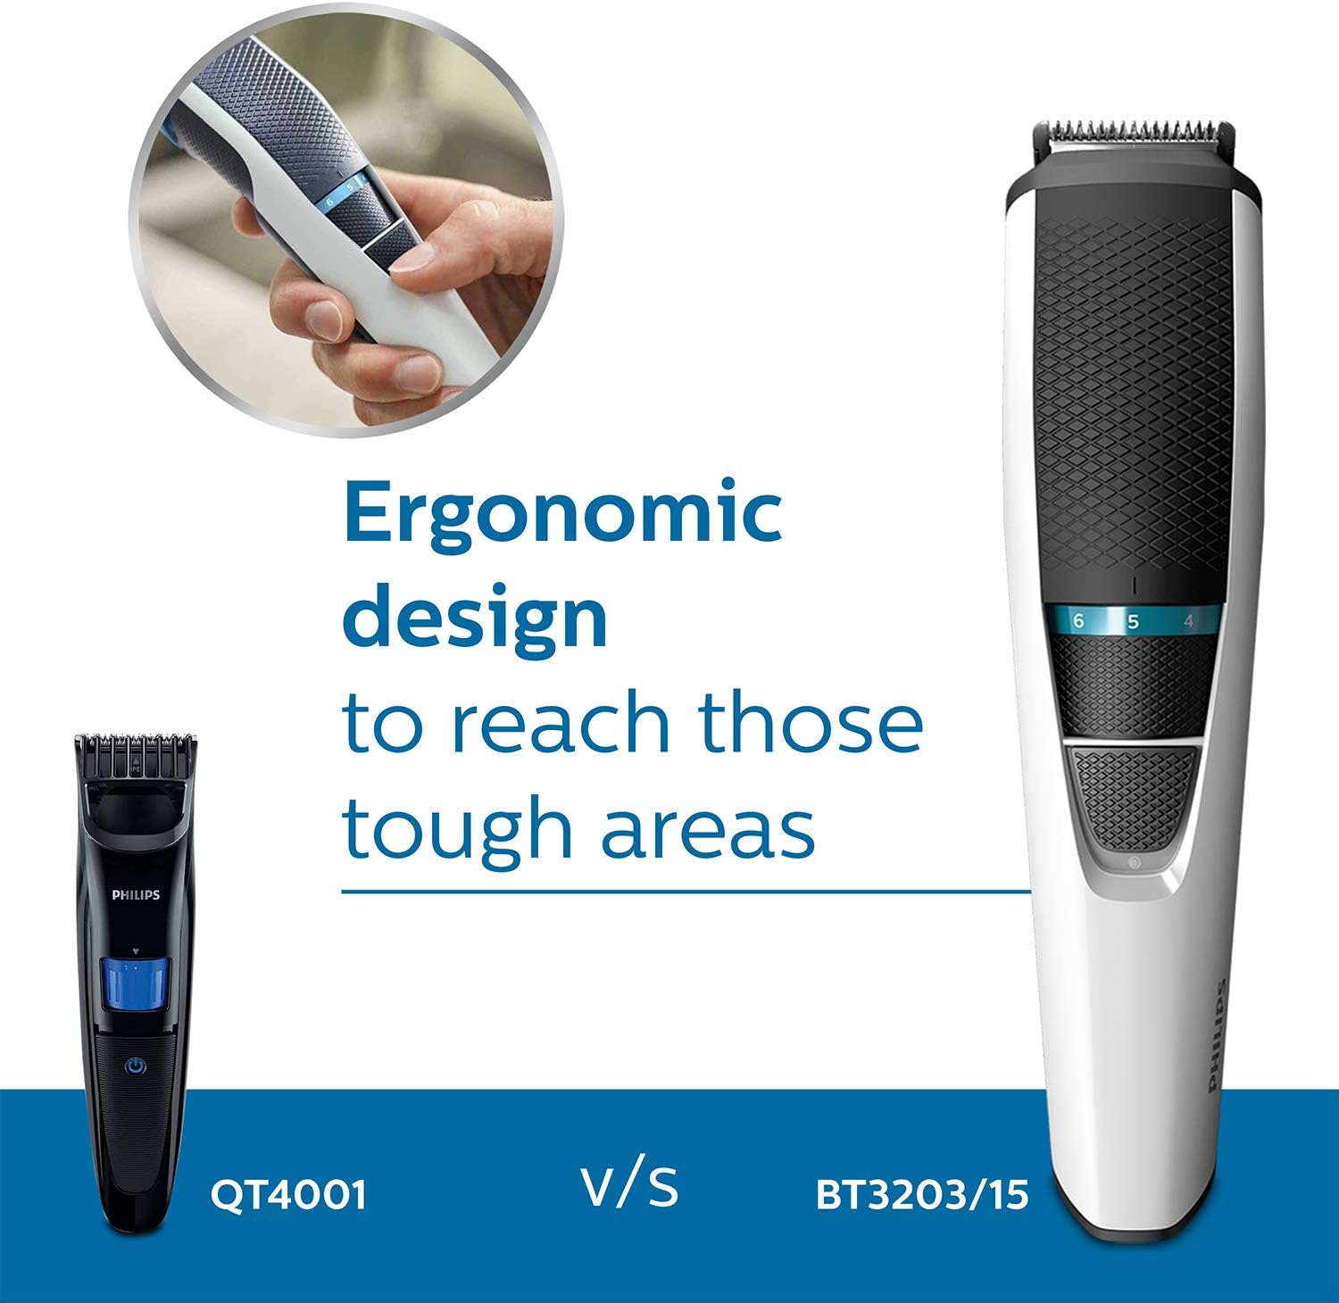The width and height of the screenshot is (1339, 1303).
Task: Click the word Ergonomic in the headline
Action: click(563, 516)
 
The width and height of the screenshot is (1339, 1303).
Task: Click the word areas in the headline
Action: click(707, 826)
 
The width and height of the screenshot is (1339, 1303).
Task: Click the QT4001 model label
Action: click(288, 1193)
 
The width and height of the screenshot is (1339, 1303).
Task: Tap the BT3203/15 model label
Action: click(922, 1194)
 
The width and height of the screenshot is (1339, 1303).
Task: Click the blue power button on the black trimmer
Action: click(135, 1066)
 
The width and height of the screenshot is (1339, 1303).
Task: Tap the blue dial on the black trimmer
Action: click(134, 983)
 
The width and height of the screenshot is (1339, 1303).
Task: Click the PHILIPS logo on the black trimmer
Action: click(136, 894)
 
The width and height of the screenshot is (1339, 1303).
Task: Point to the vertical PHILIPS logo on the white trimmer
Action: click(1217, 1035)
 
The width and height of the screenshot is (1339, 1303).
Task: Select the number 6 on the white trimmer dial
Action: click(1078, 620)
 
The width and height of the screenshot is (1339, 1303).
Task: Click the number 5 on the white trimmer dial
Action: click(1133, 621)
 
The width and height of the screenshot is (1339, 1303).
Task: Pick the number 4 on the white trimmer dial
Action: click(1187, 620)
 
